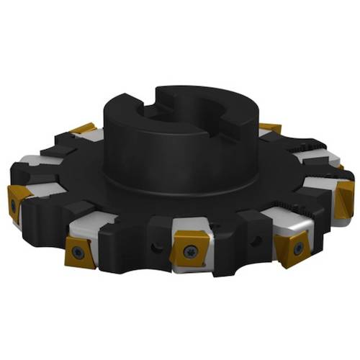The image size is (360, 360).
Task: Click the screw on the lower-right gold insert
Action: pyautogui.click(x=298, y=249)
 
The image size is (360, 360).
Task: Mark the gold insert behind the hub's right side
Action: pyautogui.click(x=270, y=128)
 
